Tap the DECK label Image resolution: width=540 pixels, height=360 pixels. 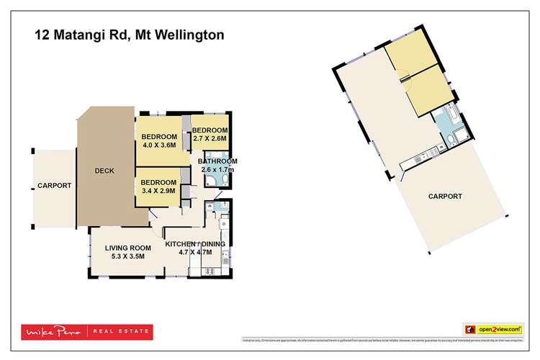point(104,171)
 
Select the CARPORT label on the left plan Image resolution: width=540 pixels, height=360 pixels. point(55,185)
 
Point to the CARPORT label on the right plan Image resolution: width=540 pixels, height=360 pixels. point(445,196)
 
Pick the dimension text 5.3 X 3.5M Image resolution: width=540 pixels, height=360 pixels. point(126,256)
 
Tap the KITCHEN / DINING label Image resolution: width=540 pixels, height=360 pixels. point(195,244)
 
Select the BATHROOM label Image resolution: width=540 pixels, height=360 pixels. point(217,161)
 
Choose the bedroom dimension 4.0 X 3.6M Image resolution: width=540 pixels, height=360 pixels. point(159,145)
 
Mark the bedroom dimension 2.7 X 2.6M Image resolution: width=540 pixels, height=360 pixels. point(210,138)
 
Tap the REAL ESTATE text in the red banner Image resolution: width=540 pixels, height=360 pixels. point(122,332)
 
